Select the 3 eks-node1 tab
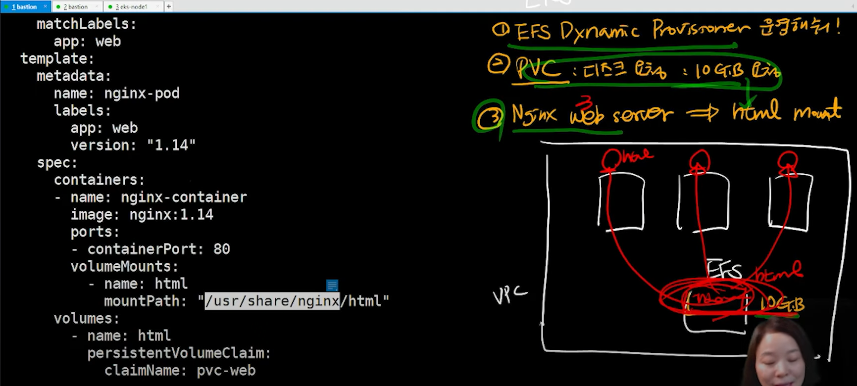pos(132,6)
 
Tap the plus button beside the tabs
pos(169,6)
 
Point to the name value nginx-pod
pos(142,93)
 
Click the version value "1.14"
pos(171,145)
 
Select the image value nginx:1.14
pos(171,214)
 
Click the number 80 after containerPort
pos(222,249)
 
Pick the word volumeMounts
pos(124,266)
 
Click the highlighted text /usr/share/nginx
pos(272,301)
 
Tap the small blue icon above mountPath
pos(332,285)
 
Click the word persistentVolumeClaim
pos(179,353)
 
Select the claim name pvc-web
pos(226,370)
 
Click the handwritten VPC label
pos(509,295)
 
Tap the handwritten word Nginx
pos(534,115)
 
